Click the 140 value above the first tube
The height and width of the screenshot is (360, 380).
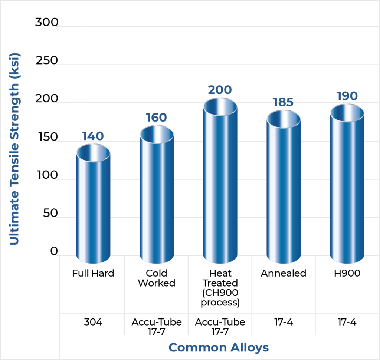click(93, 136)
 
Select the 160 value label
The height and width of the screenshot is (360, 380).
click(156, 118)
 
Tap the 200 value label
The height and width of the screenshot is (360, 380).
click(220, 90)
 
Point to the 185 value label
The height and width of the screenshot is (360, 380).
click(284, 102)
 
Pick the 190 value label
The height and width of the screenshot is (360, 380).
click(347, 96)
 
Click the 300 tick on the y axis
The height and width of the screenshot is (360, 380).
click(47, 22)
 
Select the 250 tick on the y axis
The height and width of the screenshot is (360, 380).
click(47, 60)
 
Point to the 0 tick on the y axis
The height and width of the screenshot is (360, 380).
click(54, 251)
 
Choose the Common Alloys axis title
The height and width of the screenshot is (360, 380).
click(219, 347)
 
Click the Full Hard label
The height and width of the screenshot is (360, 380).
click(93, 274)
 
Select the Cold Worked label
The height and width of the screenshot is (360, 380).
click(156, 278)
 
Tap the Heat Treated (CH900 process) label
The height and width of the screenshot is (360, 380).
click(220, 288)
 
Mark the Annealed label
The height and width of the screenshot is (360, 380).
click(284, 274)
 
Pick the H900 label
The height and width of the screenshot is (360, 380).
click(347, 274)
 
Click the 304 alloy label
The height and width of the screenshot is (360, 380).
click(93, 322)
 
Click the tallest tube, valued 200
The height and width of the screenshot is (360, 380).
click(220, 185)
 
